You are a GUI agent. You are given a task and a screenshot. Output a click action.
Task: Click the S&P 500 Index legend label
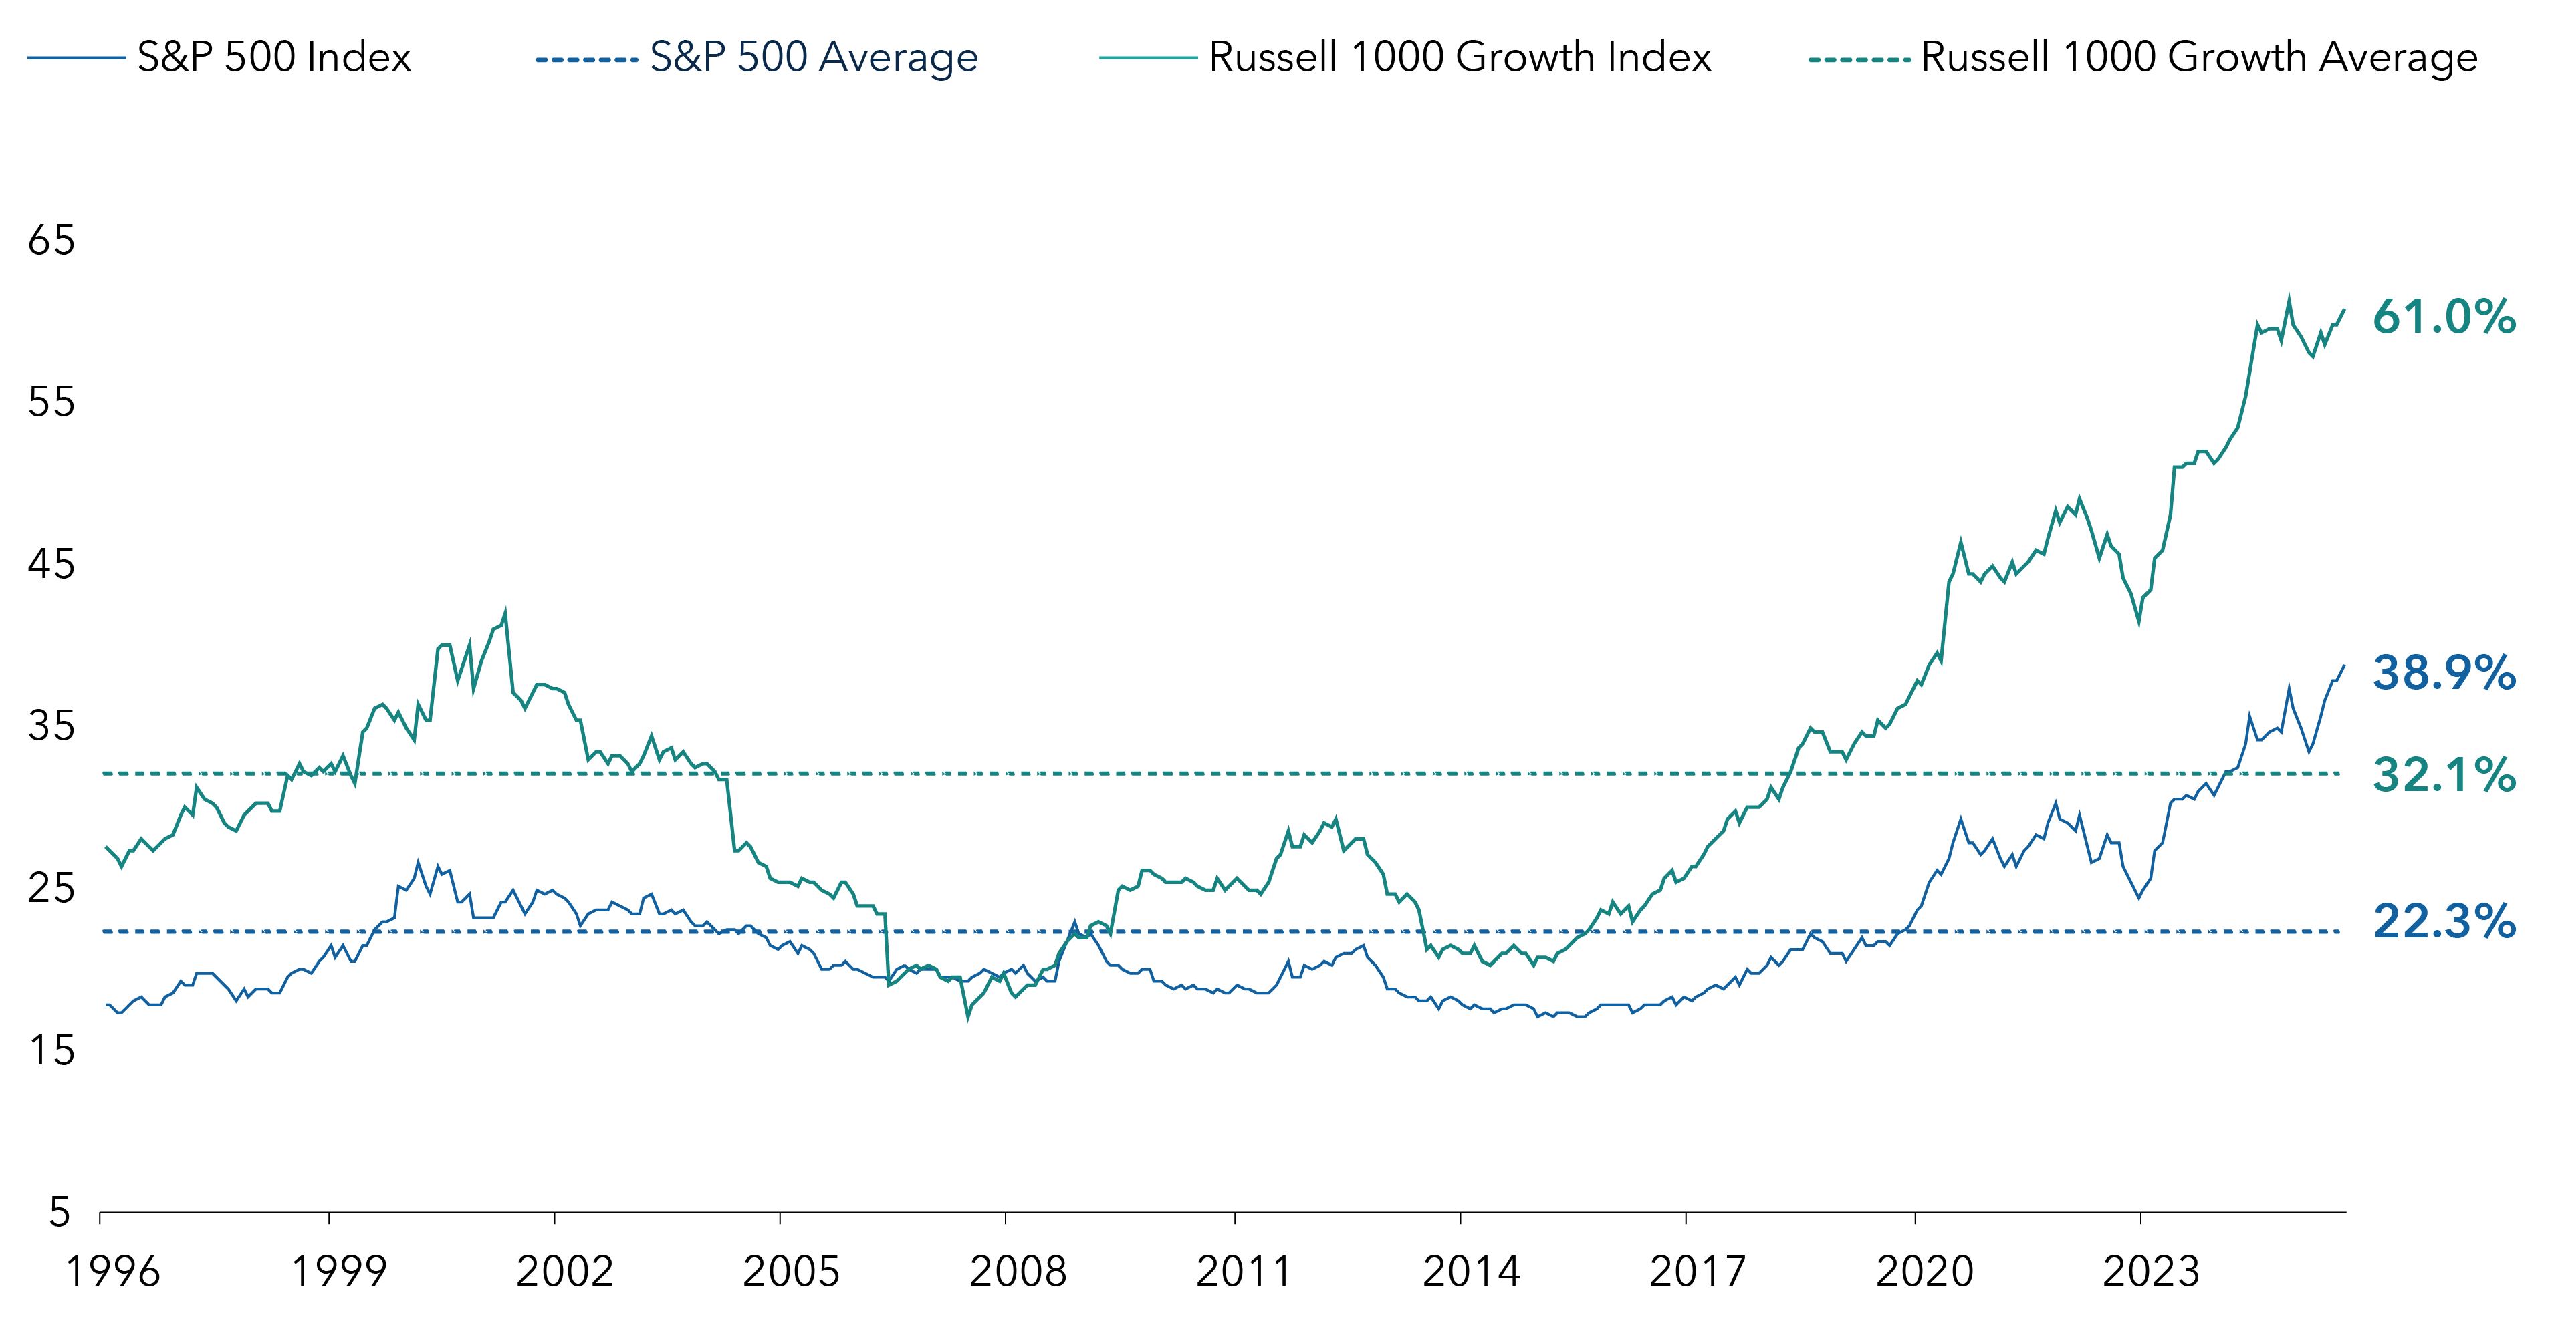tap(273, 57)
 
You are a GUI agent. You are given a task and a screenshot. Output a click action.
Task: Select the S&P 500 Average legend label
tap(814, 57)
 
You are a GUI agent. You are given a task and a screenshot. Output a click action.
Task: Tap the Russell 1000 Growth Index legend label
tap(1460, 57)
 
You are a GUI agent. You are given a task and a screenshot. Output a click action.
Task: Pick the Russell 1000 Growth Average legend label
tap(2198, 57)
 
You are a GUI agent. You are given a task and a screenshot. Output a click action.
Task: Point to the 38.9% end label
tap(2443, 674)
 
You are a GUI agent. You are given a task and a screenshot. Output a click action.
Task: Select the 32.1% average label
tap(2443, 774)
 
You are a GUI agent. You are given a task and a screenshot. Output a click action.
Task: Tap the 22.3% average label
tap(2443, 922)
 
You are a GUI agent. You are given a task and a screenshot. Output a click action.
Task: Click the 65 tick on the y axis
tap(51, 241)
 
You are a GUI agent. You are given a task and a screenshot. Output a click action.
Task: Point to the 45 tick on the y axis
tap(51, 565)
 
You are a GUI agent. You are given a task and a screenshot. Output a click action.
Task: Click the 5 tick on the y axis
tap(60, 1212)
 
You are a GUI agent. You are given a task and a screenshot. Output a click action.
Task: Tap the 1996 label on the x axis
tap(112, 1272)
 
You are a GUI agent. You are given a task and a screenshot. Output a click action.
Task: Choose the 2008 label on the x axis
tap(1018, 1272)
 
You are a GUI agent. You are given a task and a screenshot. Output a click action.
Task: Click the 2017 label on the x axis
tap(1697, 1272)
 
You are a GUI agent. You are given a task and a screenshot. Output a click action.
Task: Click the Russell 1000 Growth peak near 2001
tap(505, 612)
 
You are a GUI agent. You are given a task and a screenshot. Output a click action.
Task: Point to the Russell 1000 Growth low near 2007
tap(968, 1016)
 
